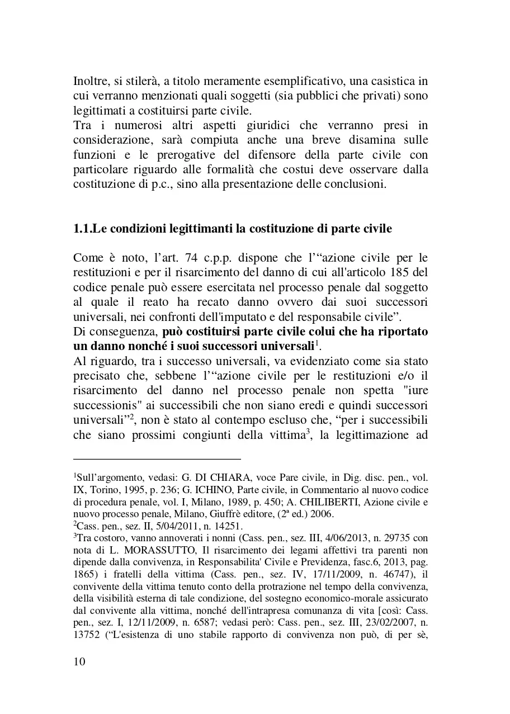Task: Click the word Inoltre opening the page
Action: [89, 81]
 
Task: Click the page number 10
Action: [79, 662]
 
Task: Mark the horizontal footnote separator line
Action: [157, 457]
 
